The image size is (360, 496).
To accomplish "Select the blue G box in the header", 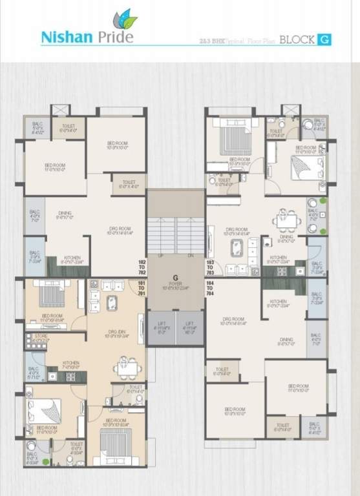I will click(324, 40).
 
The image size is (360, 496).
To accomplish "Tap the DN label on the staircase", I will click(190, 256).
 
